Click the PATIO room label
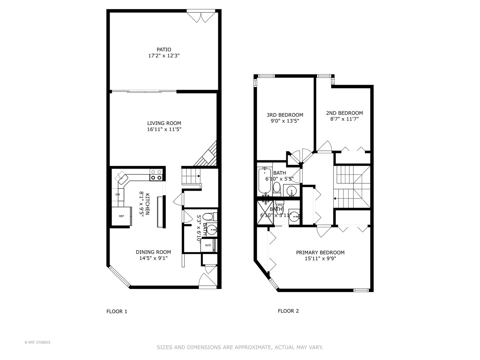pos(164,50)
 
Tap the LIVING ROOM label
pos(164,123)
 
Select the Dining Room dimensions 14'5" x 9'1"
pos(153,258)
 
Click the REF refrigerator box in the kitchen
pos(121,216)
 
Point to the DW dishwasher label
pos(118,194)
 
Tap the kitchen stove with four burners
pos(156,175)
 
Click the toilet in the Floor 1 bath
pos(208,217)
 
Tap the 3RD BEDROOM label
pos(285,115)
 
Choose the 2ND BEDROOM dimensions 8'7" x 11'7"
pos(344,119)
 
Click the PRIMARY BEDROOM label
pos(320,253)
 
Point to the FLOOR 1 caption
pos(117,312)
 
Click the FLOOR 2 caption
pos(288,311)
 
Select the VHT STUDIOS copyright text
pos(37,342)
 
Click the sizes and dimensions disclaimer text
pos(240,347)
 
